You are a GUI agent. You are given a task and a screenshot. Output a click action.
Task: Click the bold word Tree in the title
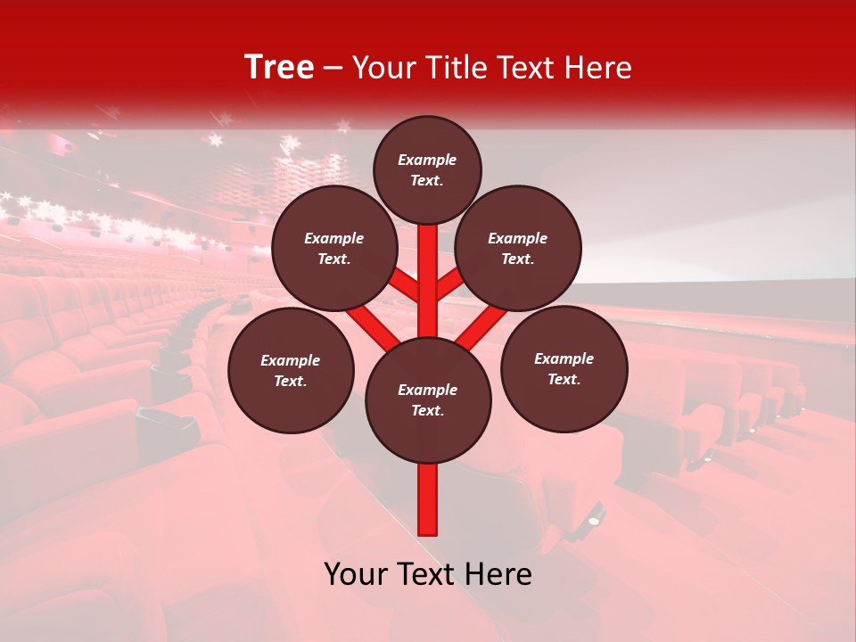pyautogui.click(x=279, y=68)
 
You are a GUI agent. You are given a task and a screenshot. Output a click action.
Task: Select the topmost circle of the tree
pyautogui.click(x=427, y=169)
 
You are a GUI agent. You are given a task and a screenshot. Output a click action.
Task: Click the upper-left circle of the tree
pyautogui.click(x=334, y=248)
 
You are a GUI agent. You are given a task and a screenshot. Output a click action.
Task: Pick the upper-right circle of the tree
pyautogui.click(x=518, y=248)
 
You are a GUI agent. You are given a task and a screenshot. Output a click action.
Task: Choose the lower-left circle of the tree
pyautogui.click(x=291, y=370)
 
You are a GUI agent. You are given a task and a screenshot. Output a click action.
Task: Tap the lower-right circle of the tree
pyautogui.click(x=564, y=368)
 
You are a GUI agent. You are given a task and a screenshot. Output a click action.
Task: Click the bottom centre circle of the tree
pyautogui.click(x=428, y=399)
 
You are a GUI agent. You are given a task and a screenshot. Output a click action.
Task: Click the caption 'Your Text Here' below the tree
pyautogui.click(x=428, y=574)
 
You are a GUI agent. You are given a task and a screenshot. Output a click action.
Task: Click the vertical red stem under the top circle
pyautogui.click(x=428, y=267)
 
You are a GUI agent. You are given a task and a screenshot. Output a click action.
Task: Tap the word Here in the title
pyautogui.click(x=601, y=68)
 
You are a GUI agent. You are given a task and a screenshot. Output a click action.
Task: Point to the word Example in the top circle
pyautogui.click(x=427, y=160)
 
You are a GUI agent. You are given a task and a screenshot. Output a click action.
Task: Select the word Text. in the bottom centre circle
pyautogui.click(x=427, y=410)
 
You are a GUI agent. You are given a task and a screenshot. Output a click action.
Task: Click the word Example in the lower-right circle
pyautogui.click(x=564, y=358)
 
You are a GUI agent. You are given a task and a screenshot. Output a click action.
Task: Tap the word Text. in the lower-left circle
pyautogui.click(x=290, y=381)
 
